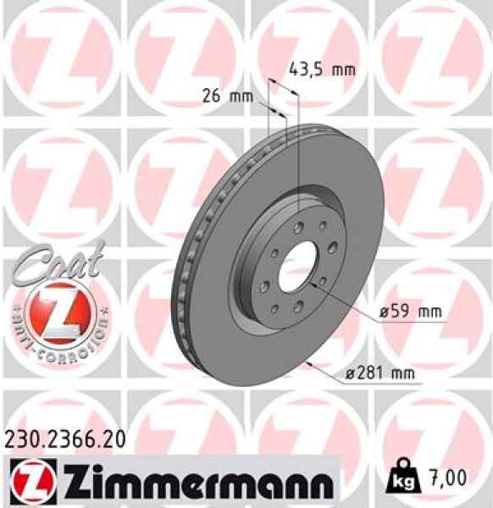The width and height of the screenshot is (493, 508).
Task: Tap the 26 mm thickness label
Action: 227,96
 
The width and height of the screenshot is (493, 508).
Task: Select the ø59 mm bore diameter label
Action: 411,312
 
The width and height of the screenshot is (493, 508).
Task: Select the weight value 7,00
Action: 448,479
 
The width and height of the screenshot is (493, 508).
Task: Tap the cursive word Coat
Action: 59,259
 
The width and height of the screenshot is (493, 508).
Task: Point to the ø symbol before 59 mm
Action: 384,312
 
